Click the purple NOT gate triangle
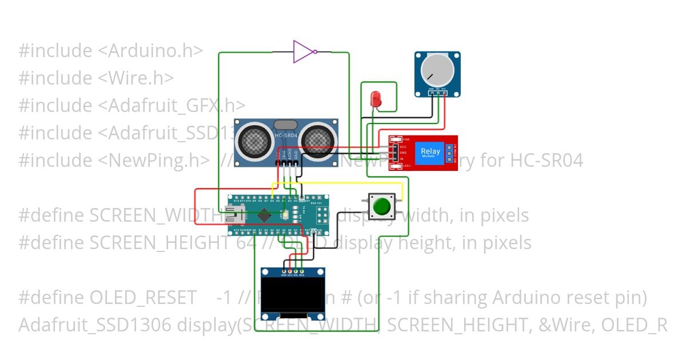pos(302,51)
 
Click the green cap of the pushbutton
pos(381,205)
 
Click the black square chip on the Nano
pos(264,215)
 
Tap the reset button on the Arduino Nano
pos(284,215)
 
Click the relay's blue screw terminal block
pos(450,153)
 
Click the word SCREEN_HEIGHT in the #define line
pos(160,243)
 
